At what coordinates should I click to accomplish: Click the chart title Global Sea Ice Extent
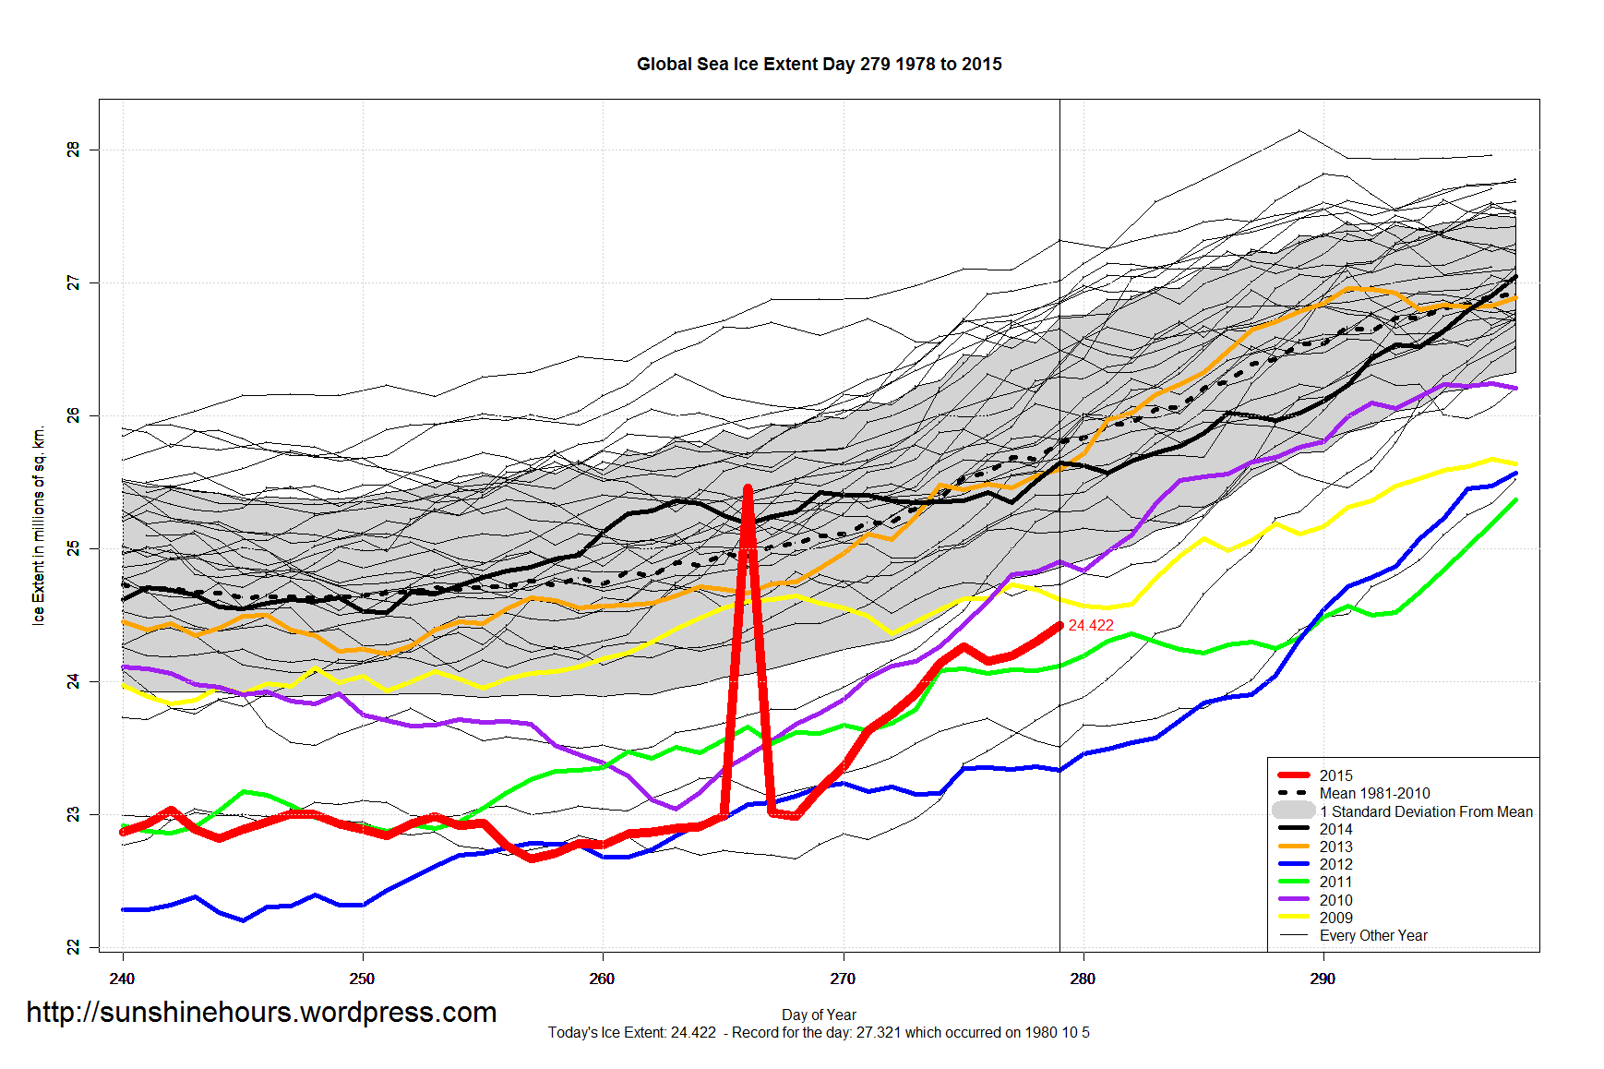click(x=819, y=65)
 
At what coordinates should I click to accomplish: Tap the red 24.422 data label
click(x=1091, y=626)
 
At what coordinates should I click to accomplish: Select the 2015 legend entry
click(x=1335, y=776)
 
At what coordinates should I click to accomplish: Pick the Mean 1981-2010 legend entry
click(x=1374, y=794)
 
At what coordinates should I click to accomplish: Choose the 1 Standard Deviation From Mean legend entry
click(x=1425, y=812)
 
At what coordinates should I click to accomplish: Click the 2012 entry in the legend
click(x=1335, y=865)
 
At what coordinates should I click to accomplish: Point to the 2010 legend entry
click(x=1335, y=901)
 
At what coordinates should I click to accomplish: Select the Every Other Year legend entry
click(x=1372, y=936)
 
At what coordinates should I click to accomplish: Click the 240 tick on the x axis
click(x=122, y=979)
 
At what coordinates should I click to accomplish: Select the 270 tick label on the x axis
click(x=843, y=979)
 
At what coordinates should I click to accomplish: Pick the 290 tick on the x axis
click(x=1323, y=979)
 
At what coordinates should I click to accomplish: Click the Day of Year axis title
click(x=819, y=1015)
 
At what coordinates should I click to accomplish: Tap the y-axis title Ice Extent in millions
click(x=39, y=526)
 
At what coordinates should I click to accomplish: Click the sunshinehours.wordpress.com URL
click(x=261, y=1013)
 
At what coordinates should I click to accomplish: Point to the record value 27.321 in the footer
click(x=878, y=1033)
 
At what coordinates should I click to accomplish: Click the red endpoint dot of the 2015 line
click(x=1059, y=626)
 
